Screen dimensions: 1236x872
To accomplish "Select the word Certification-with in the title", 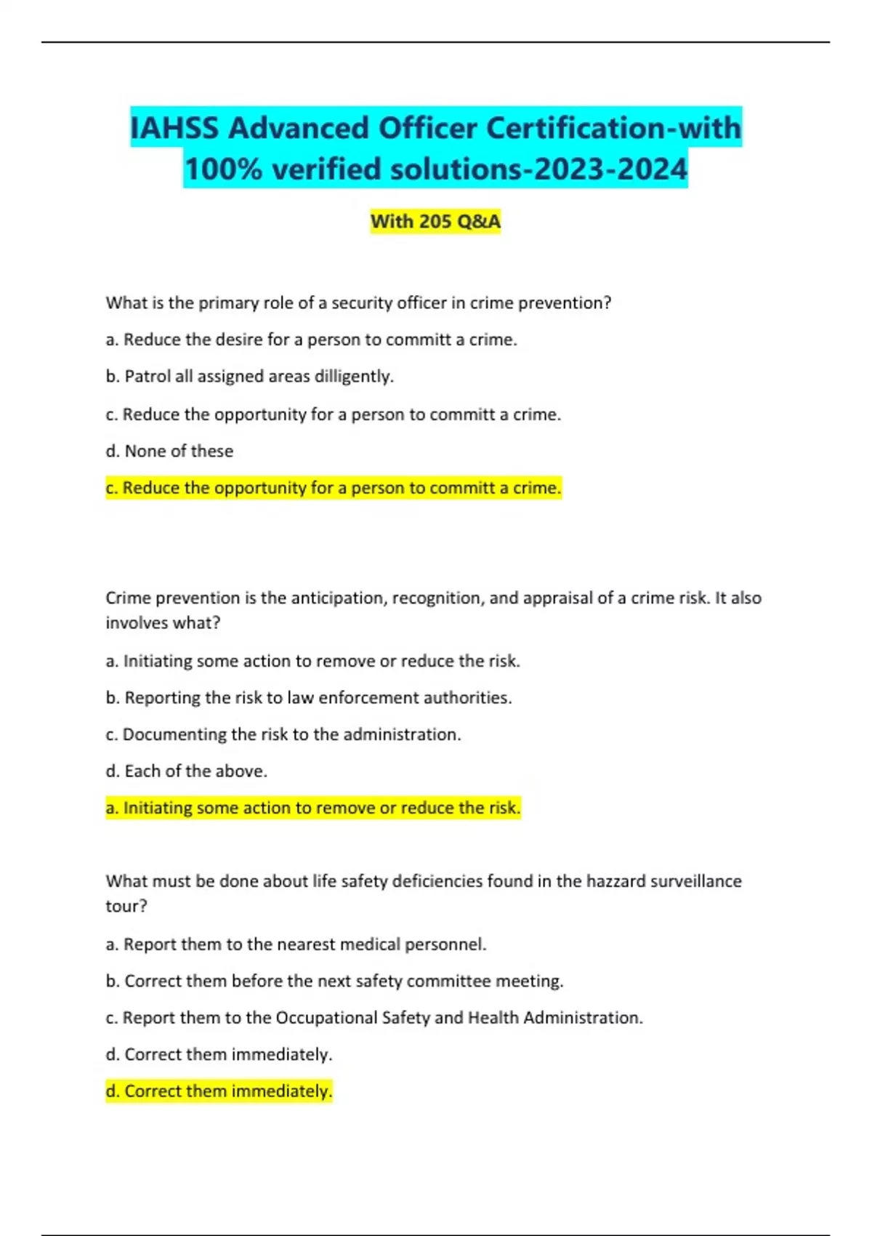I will pos(613,128).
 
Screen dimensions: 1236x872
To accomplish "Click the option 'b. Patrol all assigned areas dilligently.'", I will pos(249,377).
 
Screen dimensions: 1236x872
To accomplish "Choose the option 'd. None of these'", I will pos(169,451).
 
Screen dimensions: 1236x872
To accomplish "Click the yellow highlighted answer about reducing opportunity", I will pos(334,488).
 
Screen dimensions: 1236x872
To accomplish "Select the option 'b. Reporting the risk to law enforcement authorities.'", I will pos(309,698).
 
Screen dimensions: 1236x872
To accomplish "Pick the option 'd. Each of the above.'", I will pos(187,771).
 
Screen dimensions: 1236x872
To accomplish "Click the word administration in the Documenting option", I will pos(401,734).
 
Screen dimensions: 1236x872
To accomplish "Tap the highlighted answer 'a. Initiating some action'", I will pos(313,808).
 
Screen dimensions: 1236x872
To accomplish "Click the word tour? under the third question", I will pos(126,906).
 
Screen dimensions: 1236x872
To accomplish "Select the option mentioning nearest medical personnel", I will pos(296,944).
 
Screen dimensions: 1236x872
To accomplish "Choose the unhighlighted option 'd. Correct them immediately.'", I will pos(219,1054).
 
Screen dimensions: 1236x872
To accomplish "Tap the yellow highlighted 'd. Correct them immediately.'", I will pos(219,1091).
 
